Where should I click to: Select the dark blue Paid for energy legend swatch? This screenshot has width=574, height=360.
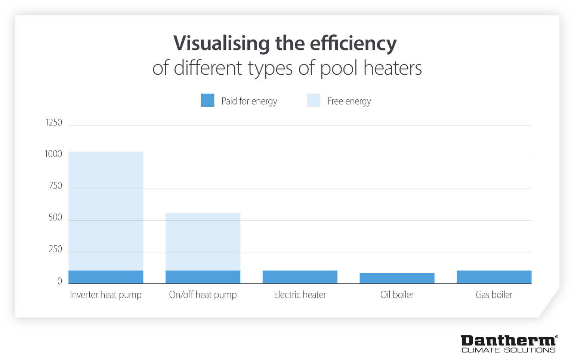[x=207, y=100]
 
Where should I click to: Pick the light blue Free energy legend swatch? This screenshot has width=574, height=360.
[x=313, y=100]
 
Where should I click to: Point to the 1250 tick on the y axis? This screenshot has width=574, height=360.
[x=53, y=122]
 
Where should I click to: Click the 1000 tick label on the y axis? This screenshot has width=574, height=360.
[x=53, y=154]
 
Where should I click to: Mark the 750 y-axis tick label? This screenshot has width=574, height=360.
[x=55, y=186]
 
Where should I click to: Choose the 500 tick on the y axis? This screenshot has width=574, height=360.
[x=55, y=217]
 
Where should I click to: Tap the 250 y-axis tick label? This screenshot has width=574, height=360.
[x=55, y=249]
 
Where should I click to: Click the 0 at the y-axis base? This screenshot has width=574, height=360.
[x=59, y=281]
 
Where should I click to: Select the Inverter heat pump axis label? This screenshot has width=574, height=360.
[x=106, y=295]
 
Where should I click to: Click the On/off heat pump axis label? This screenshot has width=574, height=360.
[x=203, y=295]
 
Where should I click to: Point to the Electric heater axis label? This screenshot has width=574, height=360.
[x=300, y=295]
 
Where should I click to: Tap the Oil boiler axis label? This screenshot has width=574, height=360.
[x=397, y=295]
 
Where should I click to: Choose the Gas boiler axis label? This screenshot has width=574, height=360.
[x=494, y=295]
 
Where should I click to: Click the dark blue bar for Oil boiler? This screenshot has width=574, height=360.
[x=397, y=278]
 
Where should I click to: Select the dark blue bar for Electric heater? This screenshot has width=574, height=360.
[x=300, y=277]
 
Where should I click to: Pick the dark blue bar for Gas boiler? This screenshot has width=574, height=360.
[x=494, y=277]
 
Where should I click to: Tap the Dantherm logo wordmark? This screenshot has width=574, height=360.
[x=508, y=341]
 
